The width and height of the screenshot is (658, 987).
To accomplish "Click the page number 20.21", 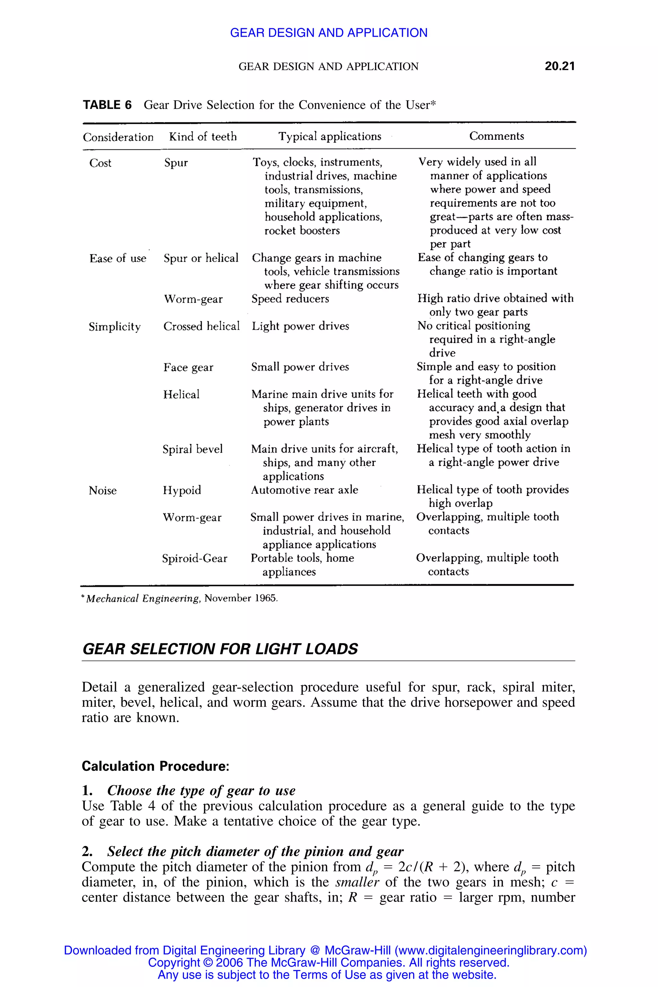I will coord(559,66).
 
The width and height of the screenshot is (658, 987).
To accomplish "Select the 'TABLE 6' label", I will coord(107,105).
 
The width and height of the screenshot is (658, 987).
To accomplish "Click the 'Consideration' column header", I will coord(118,137).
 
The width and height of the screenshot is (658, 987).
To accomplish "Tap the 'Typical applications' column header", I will coord(330,136).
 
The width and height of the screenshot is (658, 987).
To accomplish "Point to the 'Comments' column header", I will coord(496,136).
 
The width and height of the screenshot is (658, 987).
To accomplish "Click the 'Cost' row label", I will coord(100,163).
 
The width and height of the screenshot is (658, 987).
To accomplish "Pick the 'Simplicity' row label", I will coord(115,326).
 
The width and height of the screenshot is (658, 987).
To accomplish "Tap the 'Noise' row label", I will coord(103,490).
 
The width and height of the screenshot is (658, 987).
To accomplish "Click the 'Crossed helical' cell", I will coord(201,326).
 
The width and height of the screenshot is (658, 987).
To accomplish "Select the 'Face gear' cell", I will coord(188,367).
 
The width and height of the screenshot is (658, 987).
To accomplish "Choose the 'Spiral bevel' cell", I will coord(193,449).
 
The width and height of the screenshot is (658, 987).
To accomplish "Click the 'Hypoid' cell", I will coord(182,490).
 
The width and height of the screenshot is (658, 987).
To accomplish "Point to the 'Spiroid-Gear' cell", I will coord(195,558).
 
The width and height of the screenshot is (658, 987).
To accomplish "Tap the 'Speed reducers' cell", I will coord(290,299).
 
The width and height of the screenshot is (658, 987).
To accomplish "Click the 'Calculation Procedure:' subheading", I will coord(155,766).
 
